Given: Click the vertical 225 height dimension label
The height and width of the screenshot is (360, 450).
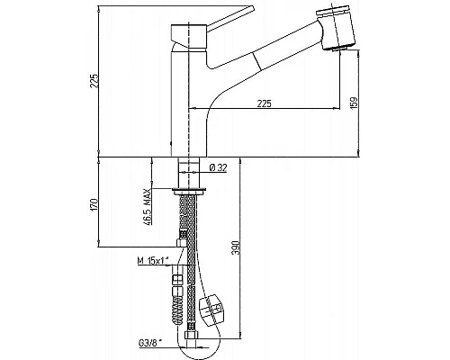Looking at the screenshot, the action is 94,80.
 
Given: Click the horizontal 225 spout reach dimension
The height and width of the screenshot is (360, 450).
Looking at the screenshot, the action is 265,103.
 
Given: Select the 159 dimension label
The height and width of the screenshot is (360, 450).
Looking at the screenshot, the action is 354,103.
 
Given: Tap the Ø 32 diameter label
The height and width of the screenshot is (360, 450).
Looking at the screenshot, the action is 218,168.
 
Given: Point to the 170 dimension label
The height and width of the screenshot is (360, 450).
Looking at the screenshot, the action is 94,204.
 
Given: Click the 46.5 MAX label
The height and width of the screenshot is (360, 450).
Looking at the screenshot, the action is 148,207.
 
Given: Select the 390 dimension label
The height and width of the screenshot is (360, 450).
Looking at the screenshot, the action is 237,247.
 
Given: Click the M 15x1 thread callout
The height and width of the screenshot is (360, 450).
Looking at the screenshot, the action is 152,261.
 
